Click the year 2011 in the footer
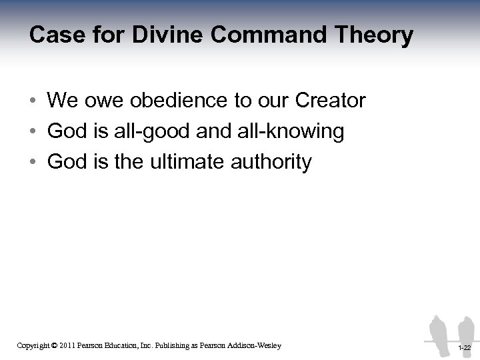click(65, 345)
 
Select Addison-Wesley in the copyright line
click(253, 345)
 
